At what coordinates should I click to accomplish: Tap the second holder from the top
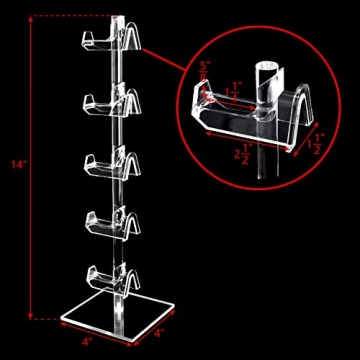pos(108,101)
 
